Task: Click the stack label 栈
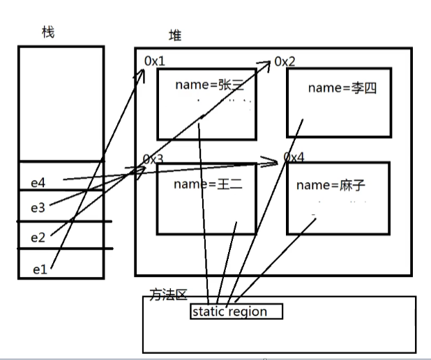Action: coord(48,33)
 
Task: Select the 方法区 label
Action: coord(168,295)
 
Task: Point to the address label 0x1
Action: coord(155,61)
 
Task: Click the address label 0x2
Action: coord(285,61)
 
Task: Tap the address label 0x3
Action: coord(153,160)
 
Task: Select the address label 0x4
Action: coord(294,158)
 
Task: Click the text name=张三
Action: coord(206,85)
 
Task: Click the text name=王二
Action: coord(203,185)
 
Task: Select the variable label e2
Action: coord(38,238)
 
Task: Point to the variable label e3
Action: coord(38,207)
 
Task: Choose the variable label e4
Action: coord(38,183)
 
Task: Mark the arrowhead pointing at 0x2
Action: coord(268,63)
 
